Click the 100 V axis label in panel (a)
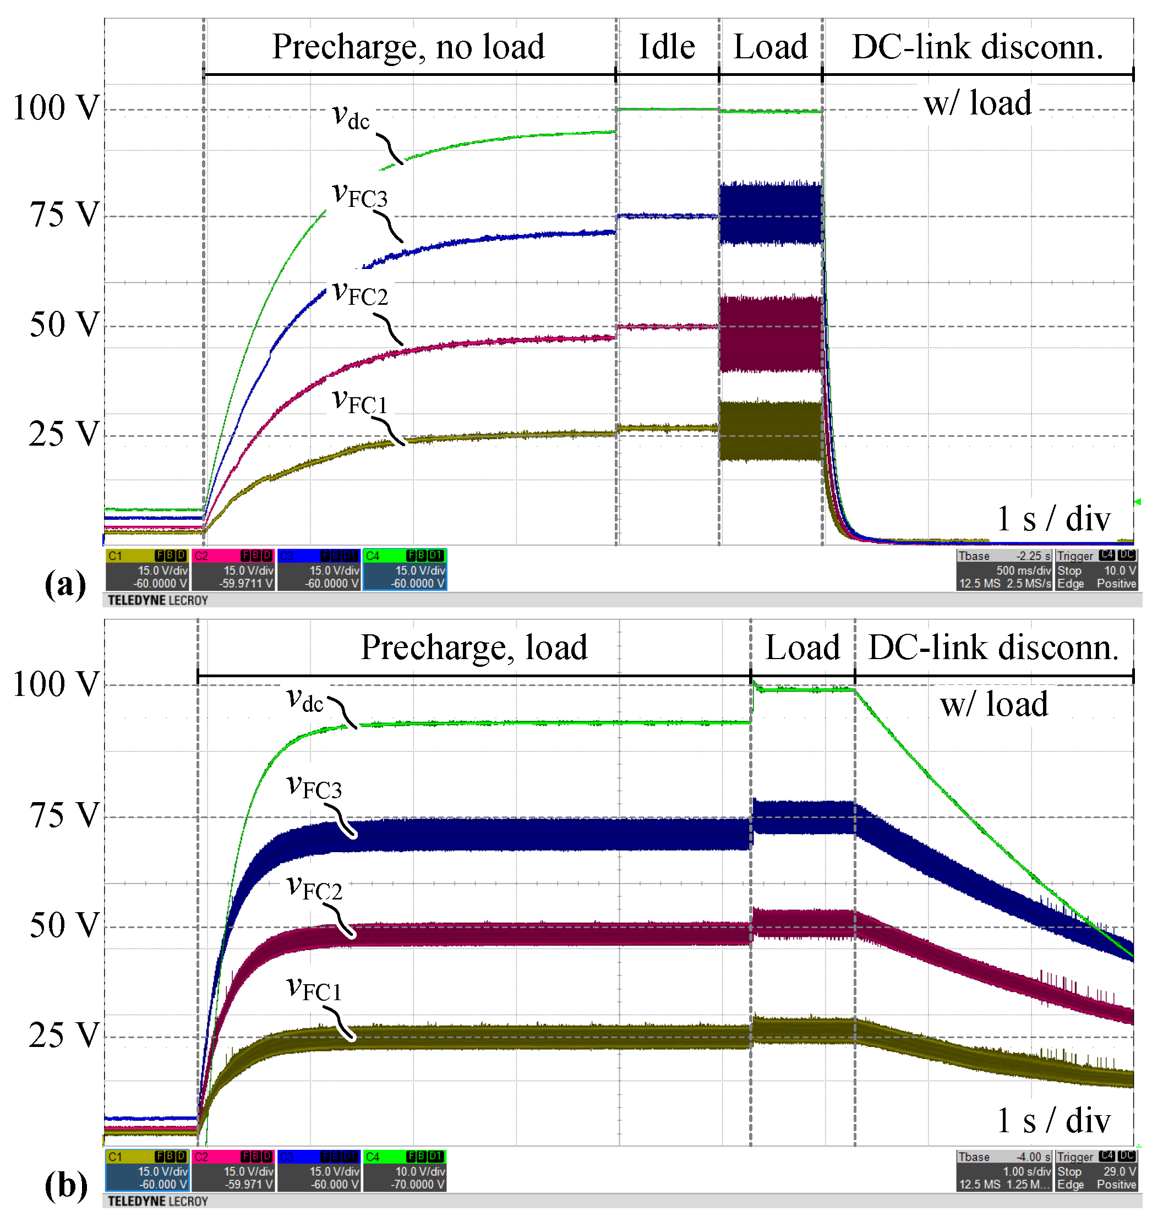tap(56, 108)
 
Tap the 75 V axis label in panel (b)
tap(64, 816)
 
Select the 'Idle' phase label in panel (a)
tap(667, 47)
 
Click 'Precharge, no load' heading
tap(408, 47)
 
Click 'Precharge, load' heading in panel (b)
tap(474, 647)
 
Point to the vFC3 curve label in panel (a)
tap(360, 196)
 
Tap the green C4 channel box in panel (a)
tap(405, 569)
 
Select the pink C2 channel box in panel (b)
tap(233, 1171)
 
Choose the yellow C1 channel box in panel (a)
tap(147, 569)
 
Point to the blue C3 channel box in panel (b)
tap(319, 1171)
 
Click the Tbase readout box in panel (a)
tap(1004, 569)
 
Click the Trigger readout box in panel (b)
tap(1096, 1171)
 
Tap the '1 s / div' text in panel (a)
tap(1053, 519)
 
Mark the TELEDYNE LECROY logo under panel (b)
tap(157, 1201)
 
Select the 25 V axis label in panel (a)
tap(64, 434)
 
